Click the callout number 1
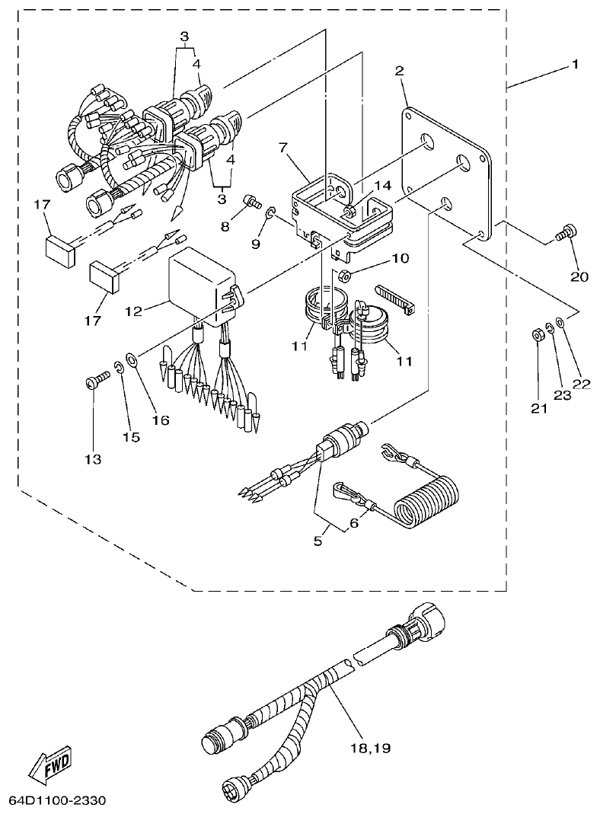(575, 65)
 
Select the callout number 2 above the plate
(399, 71)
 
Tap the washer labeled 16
(131, 358)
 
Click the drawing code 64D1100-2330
(57, 801)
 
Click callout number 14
(382, 185)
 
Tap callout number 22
(581, 385)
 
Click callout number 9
(256, 244)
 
